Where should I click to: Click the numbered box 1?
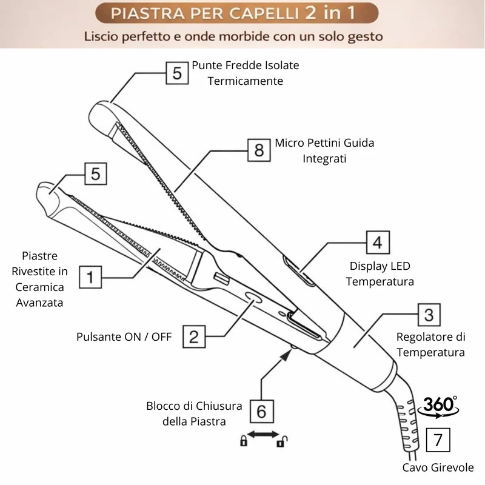tap(90, 277)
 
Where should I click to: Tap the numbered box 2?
tap(194, 336)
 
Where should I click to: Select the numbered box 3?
tap(429, 315)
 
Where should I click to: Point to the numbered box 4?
tap(378, 242)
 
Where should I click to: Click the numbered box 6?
tap(262, 412)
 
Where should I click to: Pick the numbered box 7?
tap(438, 440)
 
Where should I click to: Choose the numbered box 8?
tap(259, 150)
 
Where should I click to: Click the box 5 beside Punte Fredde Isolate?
tap(177, 73)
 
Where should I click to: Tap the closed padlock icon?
tap(244, 441)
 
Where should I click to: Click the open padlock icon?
tap(282, 441)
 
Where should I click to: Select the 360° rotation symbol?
tap(438, 407)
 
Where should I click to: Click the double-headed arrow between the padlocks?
tap(263, 434)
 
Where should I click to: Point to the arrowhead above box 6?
tap(286, 355)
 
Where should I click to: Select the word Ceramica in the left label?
tap(39, 287)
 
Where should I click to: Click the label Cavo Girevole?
tap(438, 467)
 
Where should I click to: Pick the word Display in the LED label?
tap(368, 266)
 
